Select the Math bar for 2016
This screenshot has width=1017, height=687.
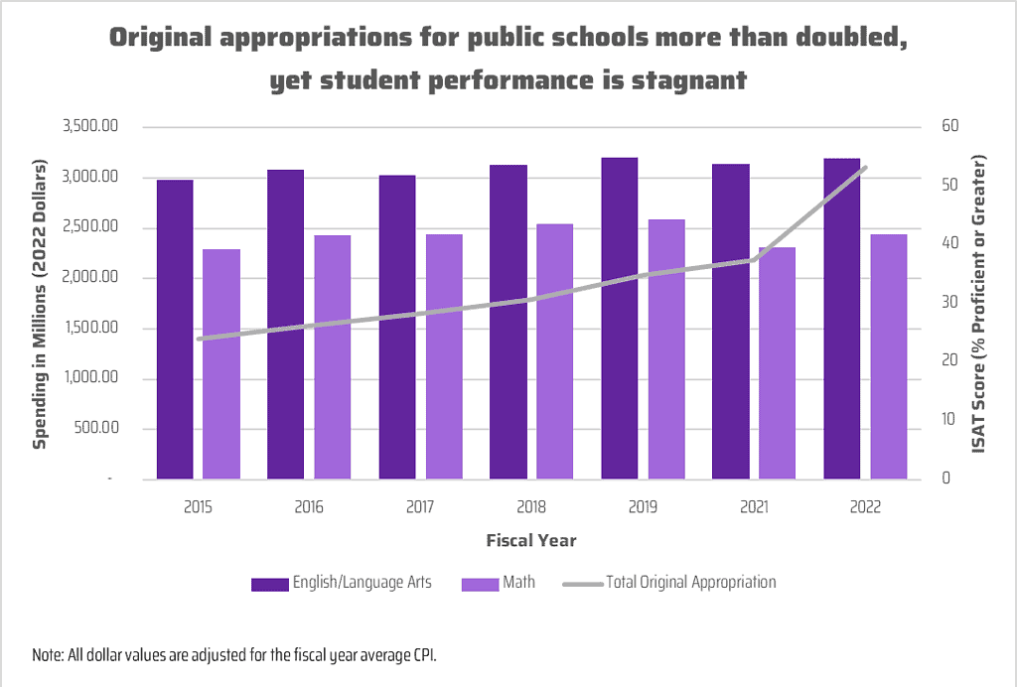pos(333,357)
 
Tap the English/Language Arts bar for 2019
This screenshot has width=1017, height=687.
pos(619,319)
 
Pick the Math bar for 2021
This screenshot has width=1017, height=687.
pos(778,363)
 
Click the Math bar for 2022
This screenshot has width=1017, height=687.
pos(889,357)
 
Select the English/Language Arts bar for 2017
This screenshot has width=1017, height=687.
pos(396,328)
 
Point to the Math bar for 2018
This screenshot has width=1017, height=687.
pos(555,351)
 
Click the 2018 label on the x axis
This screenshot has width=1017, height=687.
pos(531,507)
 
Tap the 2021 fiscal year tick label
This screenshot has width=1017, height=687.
pos(754,507)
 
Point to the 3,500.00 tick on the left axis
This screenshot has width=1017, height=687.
pos(90,127)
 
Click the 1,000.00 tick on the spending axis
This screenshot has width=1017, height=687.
pos(90,379)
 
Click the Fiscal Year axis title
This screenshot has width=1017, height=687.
pos(531,541)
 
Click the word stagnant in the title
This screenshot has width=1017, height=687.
pos(688,80)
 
